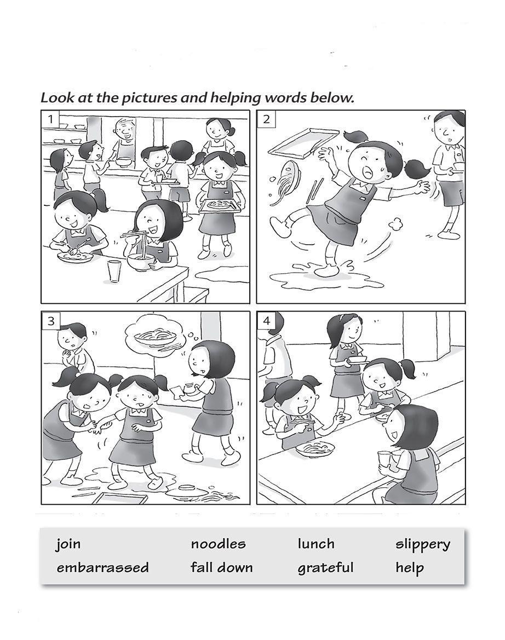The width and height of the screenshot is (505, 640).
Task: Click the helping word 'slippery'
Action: (422, 545)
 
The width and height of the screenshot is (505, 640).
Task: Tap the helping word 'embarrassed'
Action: (102, 568)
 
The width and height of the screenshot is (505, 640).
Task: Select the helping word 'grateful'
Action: (325, 568)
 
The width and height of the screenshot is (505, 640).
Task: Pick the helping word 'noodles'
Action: (218, 544)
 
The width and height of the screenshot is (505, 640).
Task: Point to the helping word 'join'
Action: (68, 544)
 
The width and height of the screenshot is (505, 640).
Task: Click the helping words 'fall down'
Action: (221, 567)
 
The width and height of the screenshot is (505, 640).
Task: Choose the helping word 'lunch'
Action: (315, 544)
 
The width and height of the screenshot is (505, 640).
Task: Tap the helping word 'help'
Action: (409, 568)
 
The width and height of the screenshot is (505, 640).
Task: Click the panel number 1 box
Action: (51, 119)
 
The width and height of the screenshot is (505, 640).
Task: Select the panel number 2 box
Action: (266, 119)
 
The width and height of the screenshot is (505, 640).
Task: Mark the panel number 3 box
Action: (51, 321)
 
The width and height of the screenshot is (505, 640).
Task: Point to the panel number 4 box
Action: (266, 321)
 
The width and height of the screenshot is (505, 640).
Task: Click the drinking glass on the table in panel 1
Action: (114, 270)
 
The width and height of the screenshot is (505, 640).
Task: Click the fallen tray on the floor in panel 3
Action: (120, 497)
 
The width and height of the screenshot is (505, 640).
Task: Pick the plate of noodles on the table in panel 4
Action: (315, 449)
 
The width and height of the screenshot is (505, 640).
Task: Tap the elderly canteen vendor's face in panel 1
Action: (123, 130)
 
